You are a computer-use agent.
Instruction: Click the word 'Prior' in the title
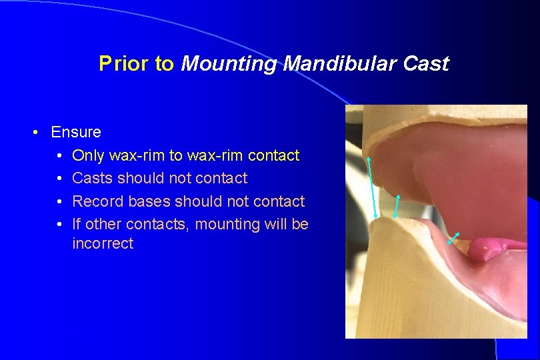tap(117, 64)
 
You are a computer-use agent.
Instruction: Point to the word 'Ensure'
tap(76, 132)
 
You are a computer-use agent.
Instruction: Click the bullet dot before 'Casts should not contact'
tap(59, 179)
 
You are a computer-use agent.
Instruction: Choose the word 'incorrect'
tap(103, 244)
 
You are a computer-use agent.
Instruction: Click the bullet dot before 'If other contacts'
tap(59, 224)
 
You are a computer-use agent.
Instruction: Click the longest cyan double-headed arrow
tap(372, 187)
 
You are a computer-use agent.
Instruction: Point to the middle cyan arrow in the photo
tap(397, 206)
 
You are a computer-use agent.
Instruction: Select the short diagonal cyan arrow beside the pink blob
tap(453, 238)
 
